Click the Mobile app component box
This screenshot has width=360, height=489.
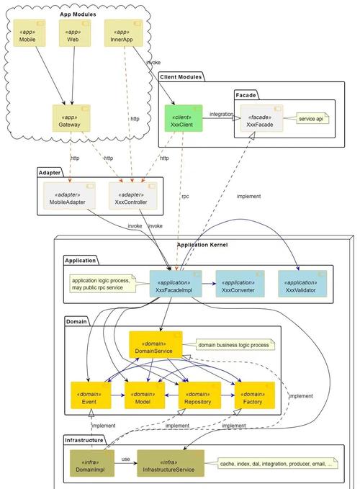tap(30, 33)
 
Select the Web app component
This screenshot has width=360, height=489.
tap(75, 33)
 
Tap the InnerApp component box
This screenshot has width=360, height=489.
tap(123, 33)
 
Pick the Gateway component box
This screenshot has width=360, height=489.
tap(71, 118)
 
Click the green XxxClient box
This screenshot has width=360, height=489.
tap(184, 118)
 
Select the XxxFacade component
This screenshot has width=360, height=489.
tap(261, 118)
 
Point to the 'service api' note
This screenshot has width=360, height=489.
tap(312, 119)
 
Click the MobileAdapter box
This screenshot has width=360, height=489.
tap(69, 196)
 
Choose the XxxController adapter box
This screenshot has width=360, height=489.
tap(132, 196)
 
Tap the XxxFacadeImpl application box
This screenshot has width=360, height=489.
tap(176, 284)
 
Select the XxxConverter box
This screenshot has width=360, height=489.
tap(240, 284)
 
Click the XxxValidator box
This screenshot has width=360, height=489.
tap(302, 284)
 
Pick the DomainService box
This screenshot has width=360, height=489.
tap(156, 345)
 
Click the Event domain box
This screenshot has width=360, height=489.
tap(91, 395)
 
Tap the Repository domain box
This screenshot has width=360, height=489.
tap(199, 395)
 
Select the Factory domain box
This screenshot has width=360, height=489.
tap(255, 395)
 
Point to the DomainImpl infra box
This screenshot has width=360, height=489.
tap(92, 463)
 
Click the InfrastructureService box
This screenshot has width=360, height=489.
tap(171, 463)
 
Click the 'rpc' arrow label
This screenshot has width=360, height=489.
tap(185, 197)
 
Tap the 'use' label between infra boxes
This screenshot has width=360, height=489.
tap(125, 459)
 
